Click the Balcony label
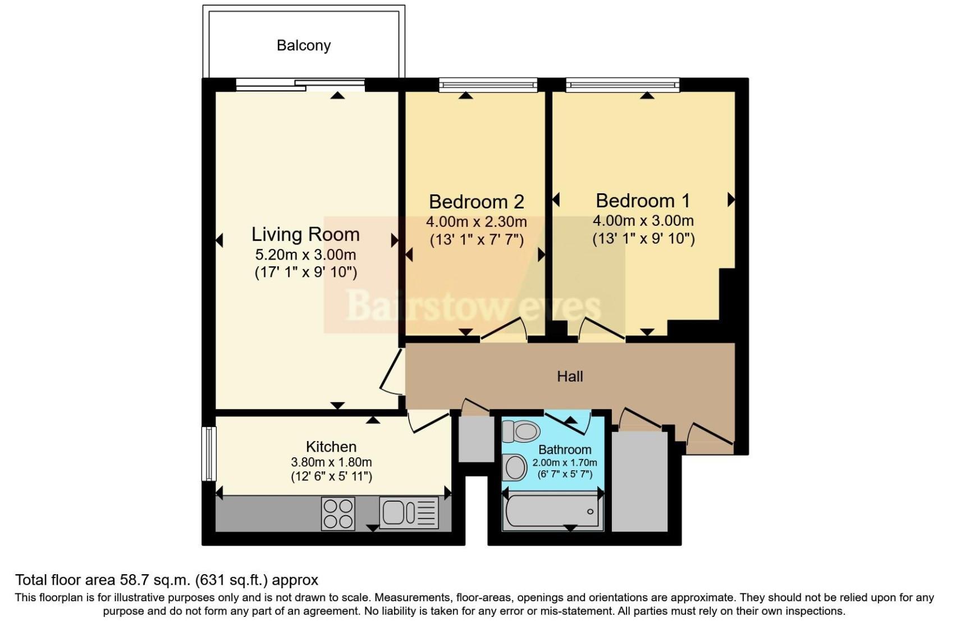click(303, 46)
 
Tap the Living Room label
click(305, 234)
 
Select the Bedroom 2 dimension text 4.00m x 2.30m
click(476, 222)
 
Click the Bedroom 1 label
click(643, 201)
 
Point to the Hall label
click(570, 376)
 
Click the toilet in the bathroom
click(521, 431)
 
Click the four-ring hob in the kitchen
click(339, 514)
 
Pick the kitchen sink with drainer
click(409, 512)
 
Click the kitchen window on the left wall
click(209, 453)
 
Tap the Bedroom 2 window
click(488, 85)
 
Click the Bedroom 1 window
click(622, 85)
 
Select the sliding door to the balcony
click(300, 85)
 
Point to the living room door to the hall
click(392, 371)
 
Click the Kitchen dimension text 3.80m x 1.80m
click(331, 462)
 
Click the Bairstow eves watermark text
click(474, 306)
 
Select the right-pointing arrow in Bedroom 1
click(731, 199)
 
